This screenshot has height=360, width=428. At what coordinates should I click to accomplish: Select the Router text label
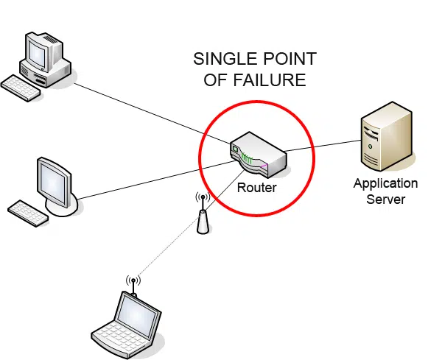pyautogui.click(x=256, y=188)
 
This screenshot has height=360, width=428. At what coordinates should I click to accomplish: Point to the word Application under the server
pyautogui.click(x=385, y=184)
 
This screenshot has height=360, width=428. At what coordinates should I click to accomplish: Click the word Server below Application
pyautogui.click(x=385, y=199)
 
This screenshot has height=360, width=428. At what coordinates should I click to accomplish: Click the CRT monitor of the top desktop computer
pyautogui.click(x=46, y=54)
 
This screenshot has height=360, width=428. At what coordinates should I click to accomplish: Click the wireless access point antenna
pyautogui.click(x=203, y=216)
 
